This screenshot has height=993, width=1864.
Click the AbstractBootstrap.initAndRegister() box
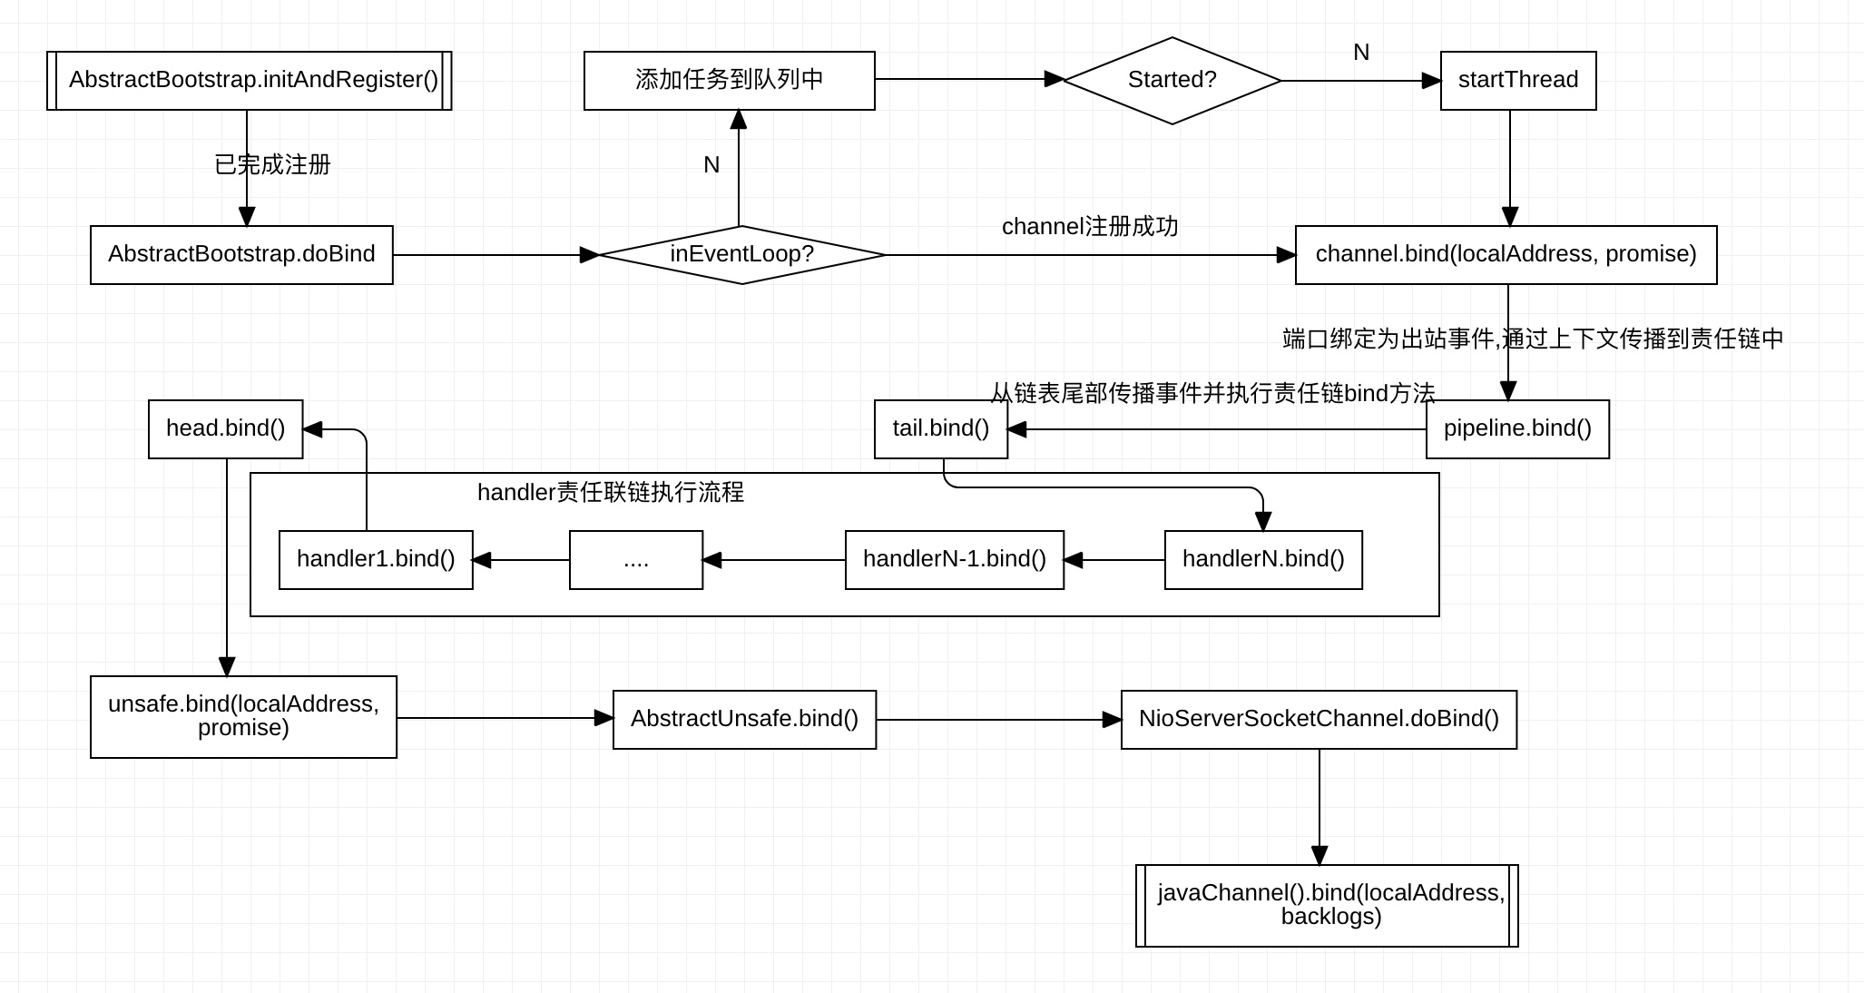coord(250,81)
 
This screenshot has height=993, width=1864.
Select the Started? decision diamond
coord(1172,81)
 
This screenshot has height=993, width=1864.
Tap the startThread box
coord(1518,81)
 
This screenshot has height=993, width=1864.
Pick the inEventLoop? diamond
coord(741,255)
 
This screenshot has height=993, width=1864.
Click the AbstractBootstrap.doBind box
coord(241,255)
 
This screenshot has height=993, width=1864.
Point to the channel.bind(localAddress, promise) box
coord(1506,255)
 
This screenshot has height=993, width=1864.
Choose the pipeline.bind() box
coord(1517,429)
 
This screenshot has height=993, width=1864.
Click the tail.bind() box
coord(941,429)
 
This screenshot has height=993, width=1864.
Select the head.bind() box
coord(225,429)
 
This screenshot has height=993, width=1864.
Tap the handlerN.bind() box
coord(1263,560)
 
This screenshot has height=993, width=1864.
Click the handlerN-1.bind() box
coord(954,560)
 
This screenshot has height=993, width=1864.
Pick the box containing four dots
coord(636,560)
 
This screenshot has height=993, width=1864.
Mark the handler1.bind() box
coord(376,560)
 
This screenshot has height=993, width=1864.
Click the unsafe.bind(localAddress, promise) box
coord(243,717)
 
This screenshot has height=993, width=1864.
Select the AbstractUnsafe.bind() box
coord(744,720)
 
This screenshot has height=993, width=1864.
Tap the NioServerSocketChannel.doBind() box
coord(1319,720)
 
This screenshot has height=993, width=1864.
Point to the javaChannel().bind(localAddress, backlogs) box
coord(1327,906)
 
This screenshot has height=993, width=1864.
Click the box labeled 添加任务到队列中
coord(729,81)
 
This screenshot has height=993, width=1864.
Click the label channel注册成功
coord(1090,227)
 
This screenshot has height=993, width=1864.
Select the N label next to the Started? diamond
coord(1360,53)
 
